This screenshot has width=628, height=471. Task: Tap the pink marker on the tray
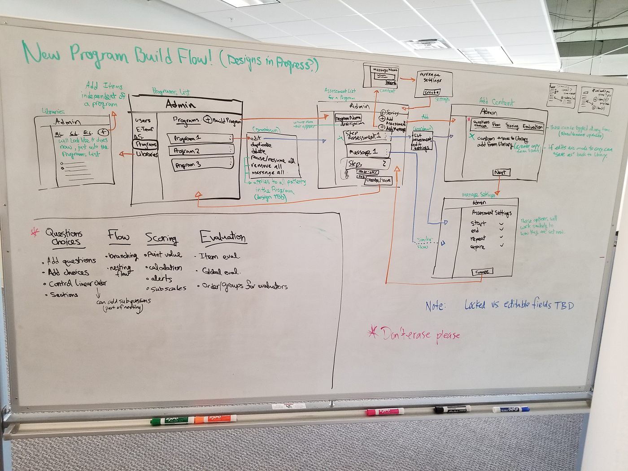[385, 411]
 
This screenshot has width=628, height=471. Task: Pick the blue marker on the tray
[511, 409]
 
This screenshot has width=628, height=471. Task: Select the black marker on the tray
[452, 409]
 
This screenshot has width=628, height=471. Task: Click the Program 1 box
[200, 138]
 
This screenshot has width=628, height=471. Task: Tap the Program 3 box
[202, 164]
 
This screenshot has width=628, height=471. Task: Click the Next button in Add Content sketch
[501, 172]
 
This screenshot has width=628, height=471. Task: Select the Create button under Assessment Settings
[482, 272]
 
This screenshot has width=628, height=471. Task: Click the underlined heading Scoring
[161, 238]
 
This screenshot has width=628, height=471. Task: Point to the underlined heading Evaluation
[223, 237]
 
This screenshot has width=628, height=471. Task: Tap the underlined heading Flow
[118, 236]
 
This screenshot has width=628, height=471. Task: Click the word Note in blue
[435, 306]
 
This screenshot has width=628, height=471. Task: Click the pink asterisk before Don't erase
[372, 332]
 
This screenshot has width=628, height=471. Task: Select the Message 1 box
[363, 152]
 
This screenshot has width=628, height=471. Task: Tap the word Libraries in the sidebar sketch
[147, 154]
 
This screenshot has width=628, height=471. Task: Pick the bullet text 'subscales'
[168, 289]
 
